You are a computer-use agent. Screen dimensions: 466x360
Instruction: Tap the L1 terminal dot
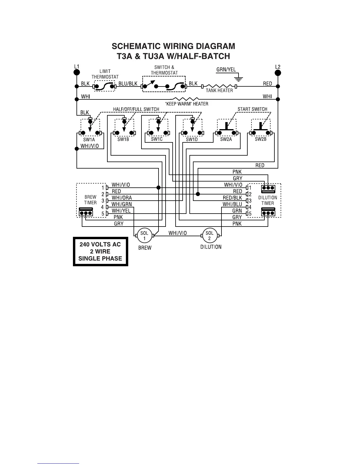point(76,72)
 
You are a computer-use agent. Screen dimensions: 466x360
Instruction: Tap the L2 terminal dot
point(278,72)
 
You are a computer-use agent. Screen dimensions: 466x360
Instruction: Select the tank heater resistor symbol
point(219,86)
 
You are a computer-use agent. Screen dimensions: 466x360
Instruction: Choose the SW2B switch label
point(261,139)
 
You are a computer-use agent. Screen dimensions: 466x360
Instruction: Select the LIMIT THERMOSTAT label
point(105,74)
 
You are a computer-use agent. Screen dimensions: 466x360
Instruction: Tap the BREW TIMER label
point(90,200)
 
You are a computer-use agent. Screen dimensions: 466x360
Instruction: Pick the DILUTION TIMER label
point(268,200)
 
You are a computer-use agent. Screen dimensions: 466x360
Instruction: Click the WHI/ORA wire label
point(122,198)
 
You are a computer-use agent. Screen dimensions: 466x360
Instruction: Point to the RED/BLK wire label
point(232,198)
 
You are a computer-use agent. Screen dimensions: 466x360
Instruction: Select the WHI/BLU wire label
point(232,204)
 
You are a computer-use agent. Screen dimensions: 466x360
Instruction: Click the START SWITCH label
point(252,109)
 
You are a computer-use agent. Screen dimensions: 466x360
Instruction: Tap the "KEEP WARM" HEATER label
point(187,104)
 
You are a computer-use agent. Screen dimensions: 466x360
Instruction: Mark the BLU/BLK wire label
point(128,84)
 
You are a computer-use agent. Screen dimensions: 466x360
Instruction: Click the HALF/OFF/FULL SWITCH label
point(136,109)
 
